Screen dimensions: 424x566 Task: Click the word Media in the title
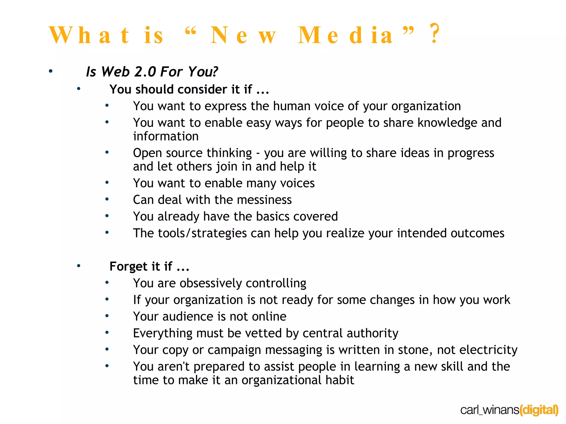345,35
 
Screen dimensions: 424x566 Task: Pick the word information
166,136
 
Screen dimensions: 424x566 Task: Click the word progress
471,153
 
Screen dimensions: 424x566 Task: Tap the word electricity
488,350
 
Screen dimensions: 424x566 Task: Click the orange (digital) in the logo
539,410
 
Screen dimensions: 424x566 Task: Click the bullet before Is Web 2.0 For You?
51,71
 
